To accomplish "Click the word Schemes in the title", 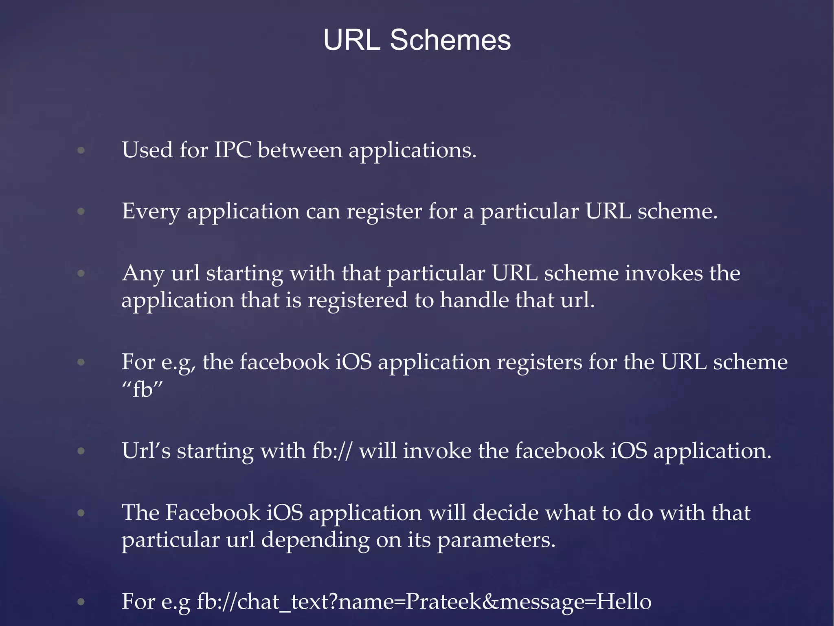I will [x=450, y=40].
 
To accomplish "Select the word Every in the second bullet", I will [x=151, y=212].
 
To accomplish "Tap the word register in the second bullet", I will [x=384, y=212].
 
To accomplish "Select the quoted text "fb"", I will [x=142, y=390].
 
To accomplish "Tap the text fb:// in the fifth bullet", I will [x=331, y=451].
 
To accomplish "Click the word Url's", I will [x=146, y=451].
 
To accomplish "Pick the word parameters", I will [x=496, y=540].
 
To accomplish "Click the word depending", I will [x=315, y=540].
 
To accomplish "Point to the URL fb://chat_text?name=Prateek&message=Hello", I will [x=424, y=602].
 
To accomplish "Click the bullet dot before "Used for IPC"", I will [x=81, y=151].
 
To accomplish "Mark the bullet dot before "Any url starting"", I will [x=81, y=274].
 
